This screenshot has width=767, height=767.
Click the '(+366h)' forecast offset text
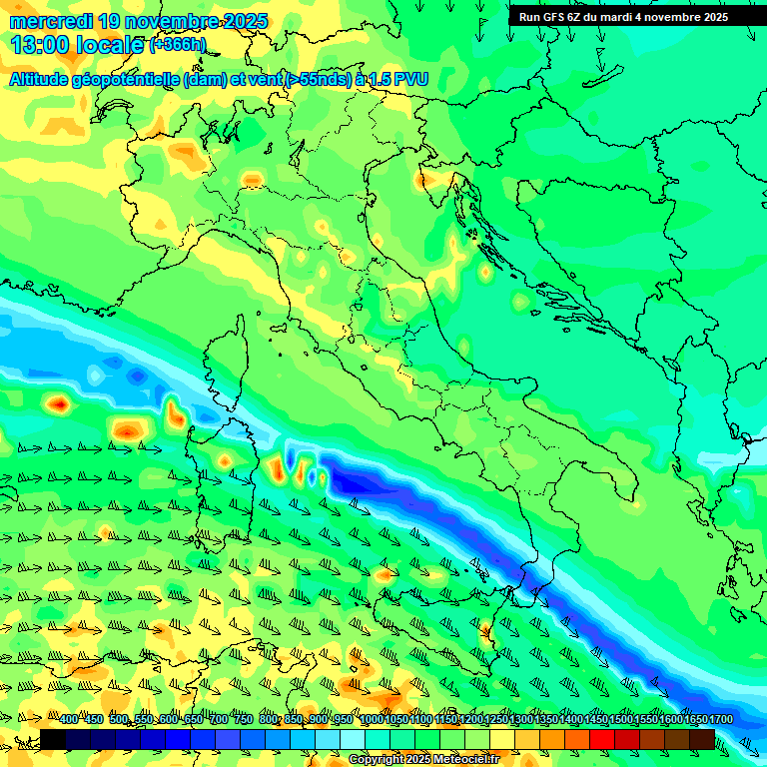pyautogui.click(x=178, y=45)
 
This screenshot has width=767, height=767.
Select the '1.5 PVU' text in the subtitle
pyautogui.click(x=399, y=79)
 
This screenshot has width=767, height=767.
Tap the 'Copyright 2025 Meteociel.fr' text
pyautogui.click(x=423, y=760)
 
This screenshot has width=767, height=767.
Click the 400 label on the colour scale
pyautogui.click(x=69, y=720)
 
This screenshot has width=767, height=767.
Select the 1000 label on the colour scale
pyautogui.click(x=371, y=720)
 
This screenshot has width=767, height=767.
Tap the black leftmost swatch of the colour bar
pyautogui.click(x=53, y=739)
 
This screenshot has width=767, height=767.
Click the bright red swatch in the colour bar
pyautogui.click(x=602, y=739)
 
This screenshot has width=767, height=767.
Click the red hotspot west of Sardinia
pyautogui.click(x=59, y=404)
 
